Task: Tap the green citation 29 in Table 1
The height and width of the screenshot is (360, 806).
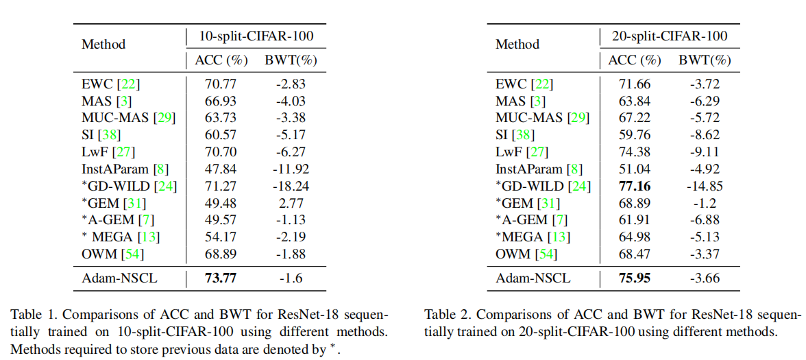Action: point(164,118)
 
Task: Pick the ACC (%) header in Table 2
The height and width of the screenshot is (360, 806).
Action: point(634,60)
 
